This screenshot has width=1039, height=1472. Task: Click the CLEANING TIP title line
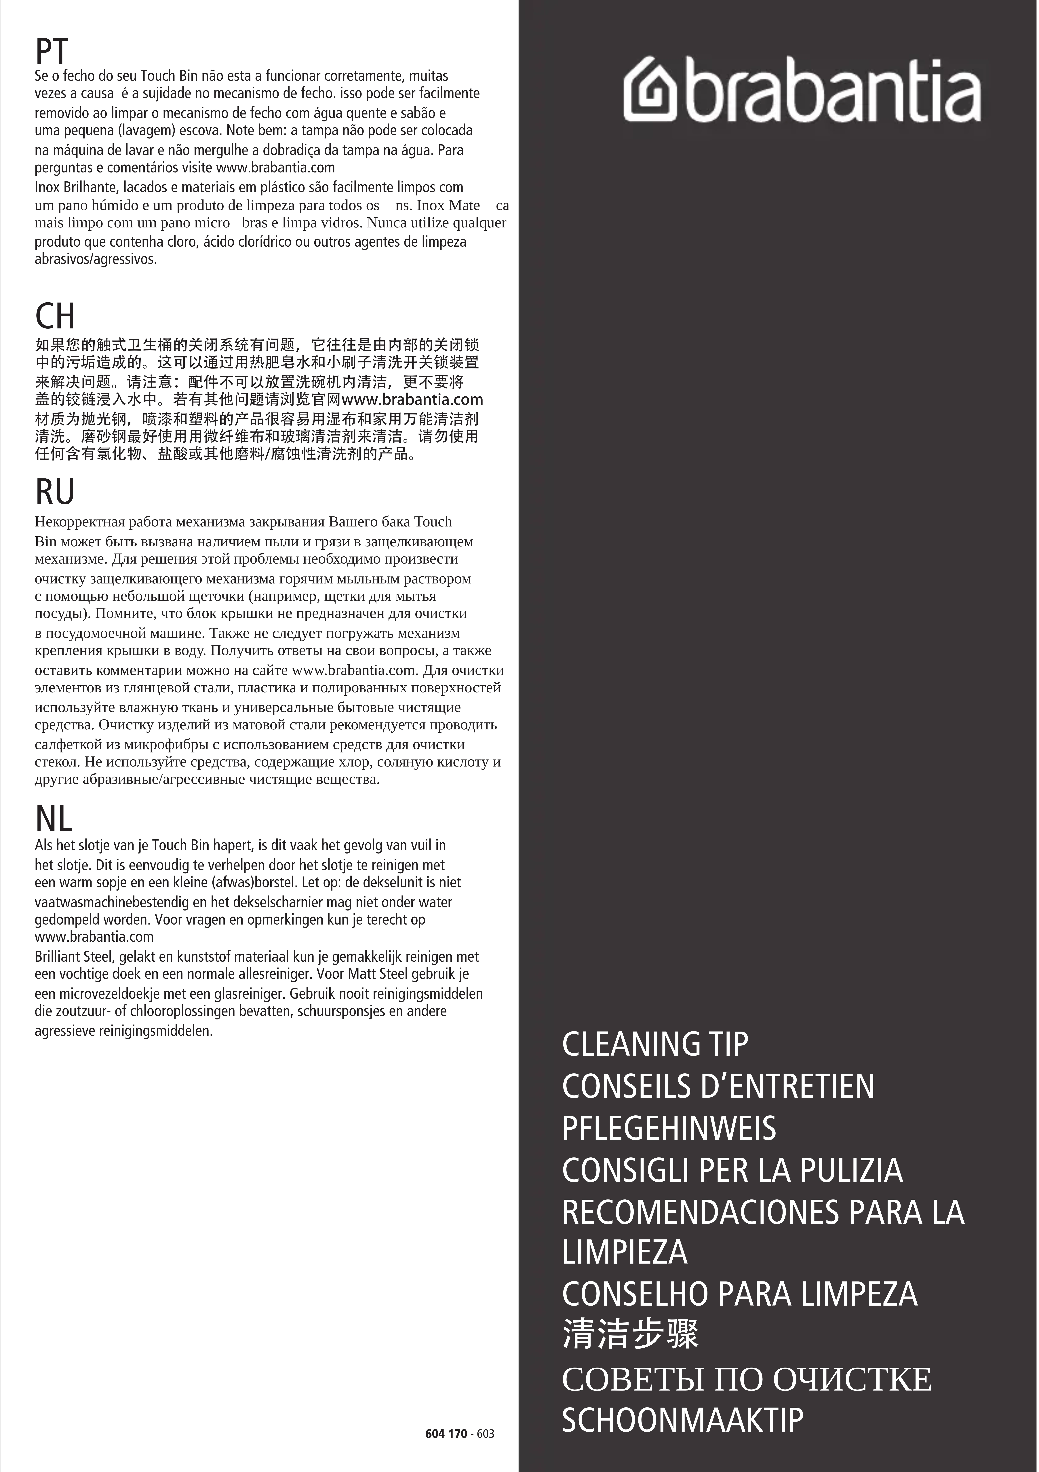pyautogui.click(x=655, y=1044)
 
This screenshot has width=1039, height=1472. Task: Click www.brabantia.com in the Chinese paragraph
pyautogui.click(x=412, y=399)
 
